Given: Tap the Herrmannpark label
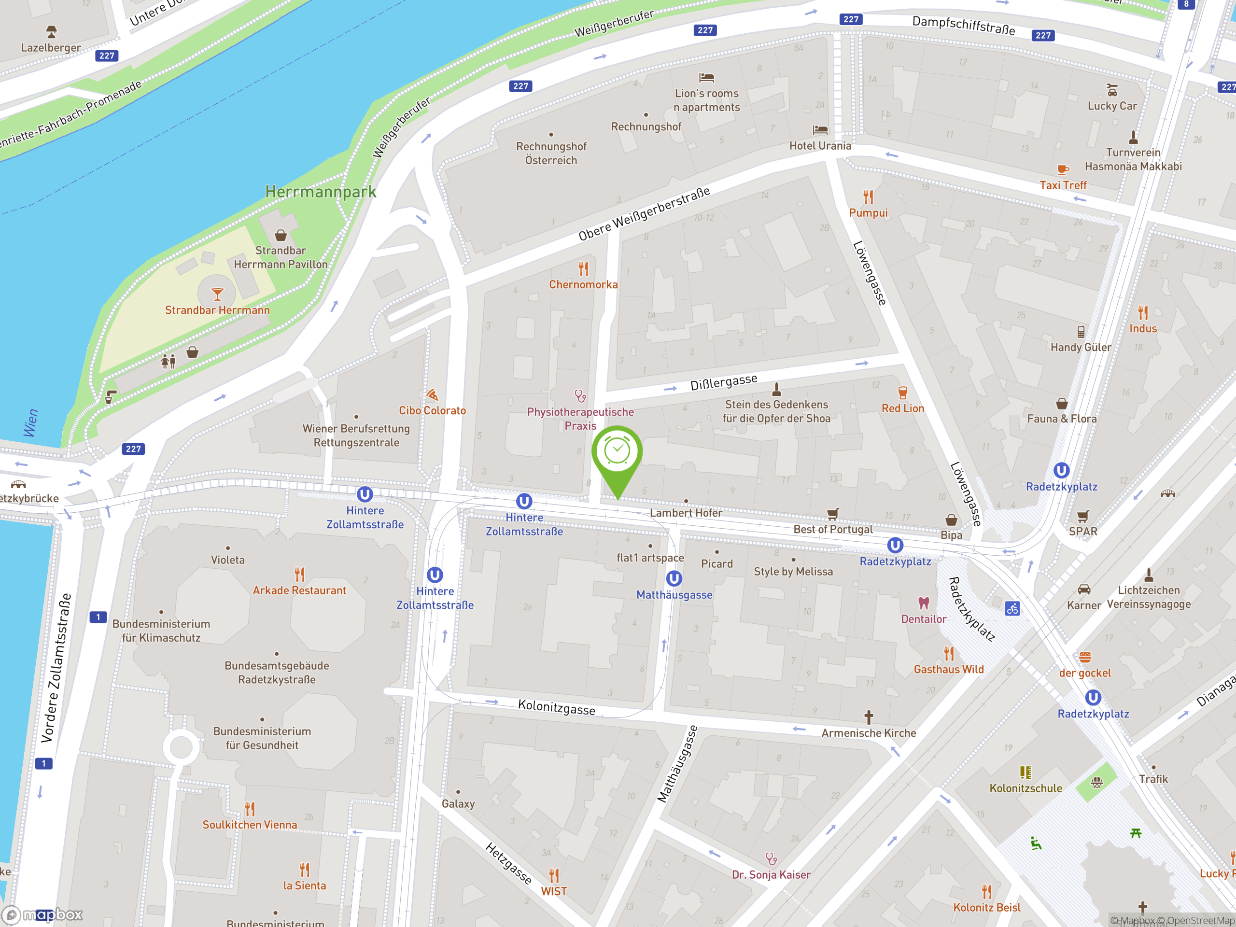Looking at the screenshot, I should pos(320,192).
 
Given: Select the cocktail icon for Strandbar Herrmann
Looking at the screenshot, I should pos(217,294).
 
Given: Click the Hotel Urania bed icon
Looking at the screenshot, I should pos(820,130).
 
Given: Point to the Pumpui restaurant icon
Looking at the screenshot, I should pos(868,197).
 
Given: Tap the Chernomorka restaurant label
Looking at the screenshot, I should pos(583,284).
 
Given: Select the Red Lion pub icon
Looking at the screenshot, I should pos(902,392).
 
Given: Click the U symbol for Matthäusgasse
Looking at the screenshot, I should pos(674,578).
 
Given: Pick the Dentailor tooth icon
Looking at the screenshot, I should pos(924,603).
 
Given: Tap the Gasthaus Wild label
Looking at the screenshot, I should pos(948,669).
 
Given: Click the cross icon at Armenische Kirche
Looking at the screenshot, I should pos(868,716).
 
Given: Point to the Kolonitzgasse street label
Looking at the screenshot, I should pos(557,707).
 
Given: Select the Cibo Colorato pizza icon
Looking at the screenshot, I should pos(432,395).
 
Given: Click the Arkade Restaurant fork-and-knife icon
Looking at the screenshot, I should pos(299,575).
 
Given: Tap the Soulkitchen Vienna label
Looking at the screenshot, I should pos(250,825).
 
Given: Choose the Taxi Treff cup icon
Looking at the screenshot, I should pos(1062,169).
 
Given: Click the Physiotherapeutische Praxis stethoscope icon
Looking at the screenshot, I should pos(580,396).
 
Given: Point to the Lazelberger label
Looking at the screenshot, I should pos(51,47).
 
